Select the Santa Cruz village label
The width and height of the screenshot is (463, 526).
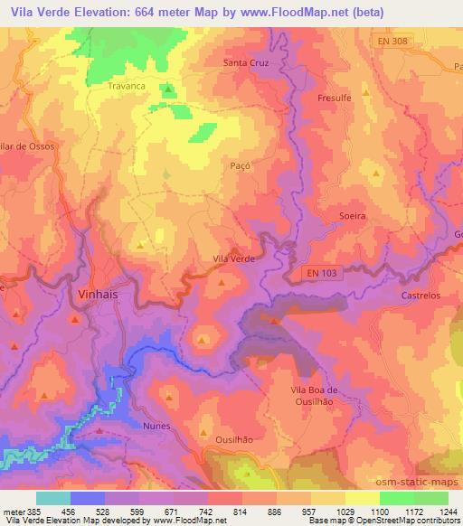pos(248,62)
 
